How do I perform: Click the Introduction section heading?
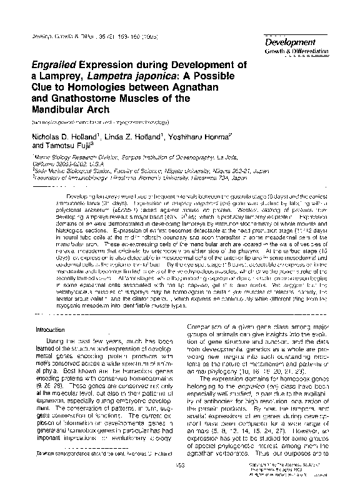coord(38,329)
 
